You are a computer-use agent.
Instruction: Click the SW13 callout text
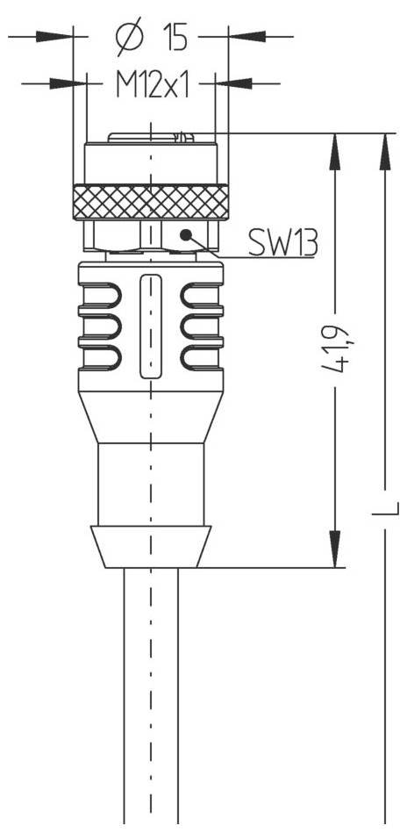[282, 242]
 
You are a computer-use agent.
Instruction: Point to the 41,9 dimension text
[336, 349]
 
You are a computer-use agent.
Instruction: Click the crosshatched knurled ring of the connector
[150, 203]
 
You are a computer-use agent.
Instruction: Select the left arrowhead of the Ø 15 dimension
[56, 37]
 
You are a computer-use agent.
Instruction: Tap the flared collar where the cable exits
[152, 546]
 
